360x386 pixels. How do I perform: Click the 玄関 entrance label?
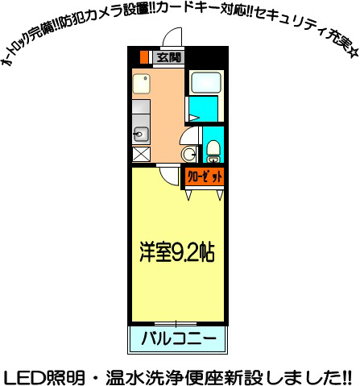(x=168, y=57)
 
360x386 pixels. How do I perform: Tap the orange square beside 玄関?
(x=145, y=57)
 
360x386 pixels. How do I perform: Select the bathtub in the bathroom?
(x=205, y=82)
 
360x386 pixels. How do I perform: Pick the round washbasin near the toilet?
(x=189, y=154)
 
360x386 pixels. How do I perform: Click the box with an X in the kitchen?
(x=140, y=154)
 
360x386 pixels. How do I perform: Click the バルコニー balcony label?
(x=178, y=338)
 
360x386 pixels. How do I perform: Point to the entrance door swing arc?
(x=171, y=39)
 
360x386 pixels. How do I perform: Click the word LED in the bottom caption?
(x=23, y=376)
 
